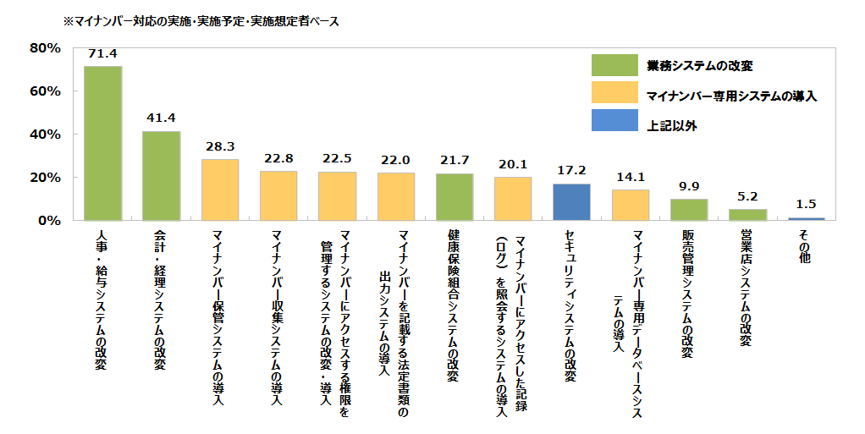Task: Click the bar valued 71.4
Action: [x=102, y=143]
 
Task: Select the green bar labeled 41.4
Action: [x=161, y=175]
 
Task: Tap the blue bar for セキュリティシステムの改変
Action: [x=571, y=202]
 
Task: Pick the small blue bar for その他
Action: [x=806, y=219]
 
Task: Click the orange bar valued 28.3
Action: [x=220, y=190]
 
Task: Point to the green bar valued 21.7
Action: [x=455, y=197]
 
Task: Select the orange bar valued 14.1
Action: [x=630, y=206]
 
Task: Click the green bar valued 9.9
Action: [x=689, y=210]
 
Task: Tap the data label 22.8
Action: [x=278, y=157]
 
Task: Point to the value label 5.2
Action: [x=747, y=195]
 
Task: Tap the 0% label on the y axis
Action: [x=47, y=221]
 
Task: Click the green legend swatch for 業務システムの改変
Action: [x=614, y=65]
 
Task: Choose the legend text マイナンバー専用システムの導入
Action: [x=731, y=96]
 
